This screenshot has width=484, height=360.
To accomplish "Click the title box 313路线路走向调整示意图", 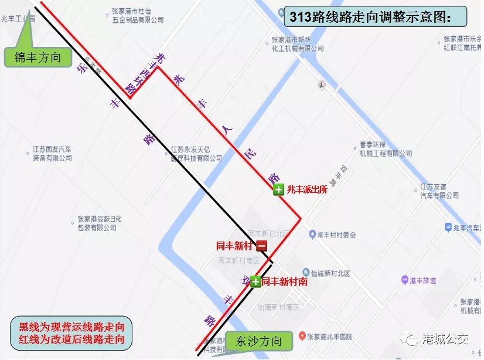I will pyautogui.click(x=375, y=16).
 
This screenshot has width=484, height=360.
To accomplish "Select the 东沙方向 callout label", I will pyautogui.click(x=258, y=341).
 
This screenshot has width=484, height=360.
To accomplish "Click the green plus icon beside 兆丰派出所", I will pyautogui.click(x=278, y=189).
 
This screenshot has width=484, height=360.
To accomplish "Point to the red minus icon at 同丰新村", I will pyautogui.click(x=261, y=246).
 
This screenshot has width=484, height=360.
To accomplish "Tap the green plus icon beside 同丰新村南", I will pyautogui.click(x=255, y=282).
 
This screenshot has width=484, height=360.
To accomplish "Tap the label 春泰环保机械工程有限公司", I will pyautogui.click(x=385, y=149).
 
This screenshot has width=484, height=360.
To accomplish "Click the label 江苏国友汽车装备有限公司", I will pyautogui.click(x=52, y=154).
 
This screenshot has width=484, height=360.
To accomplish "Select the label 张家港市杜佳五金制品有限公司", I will pyautogui.click(x=138, y=15).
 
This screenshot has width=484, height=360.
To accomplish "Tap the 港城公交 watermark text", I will pyautogui.click(x=446, y=339).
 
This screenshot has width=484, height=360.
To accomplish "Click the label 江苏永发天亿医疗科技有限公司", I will pyautogui.click(x=196, y=154).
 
